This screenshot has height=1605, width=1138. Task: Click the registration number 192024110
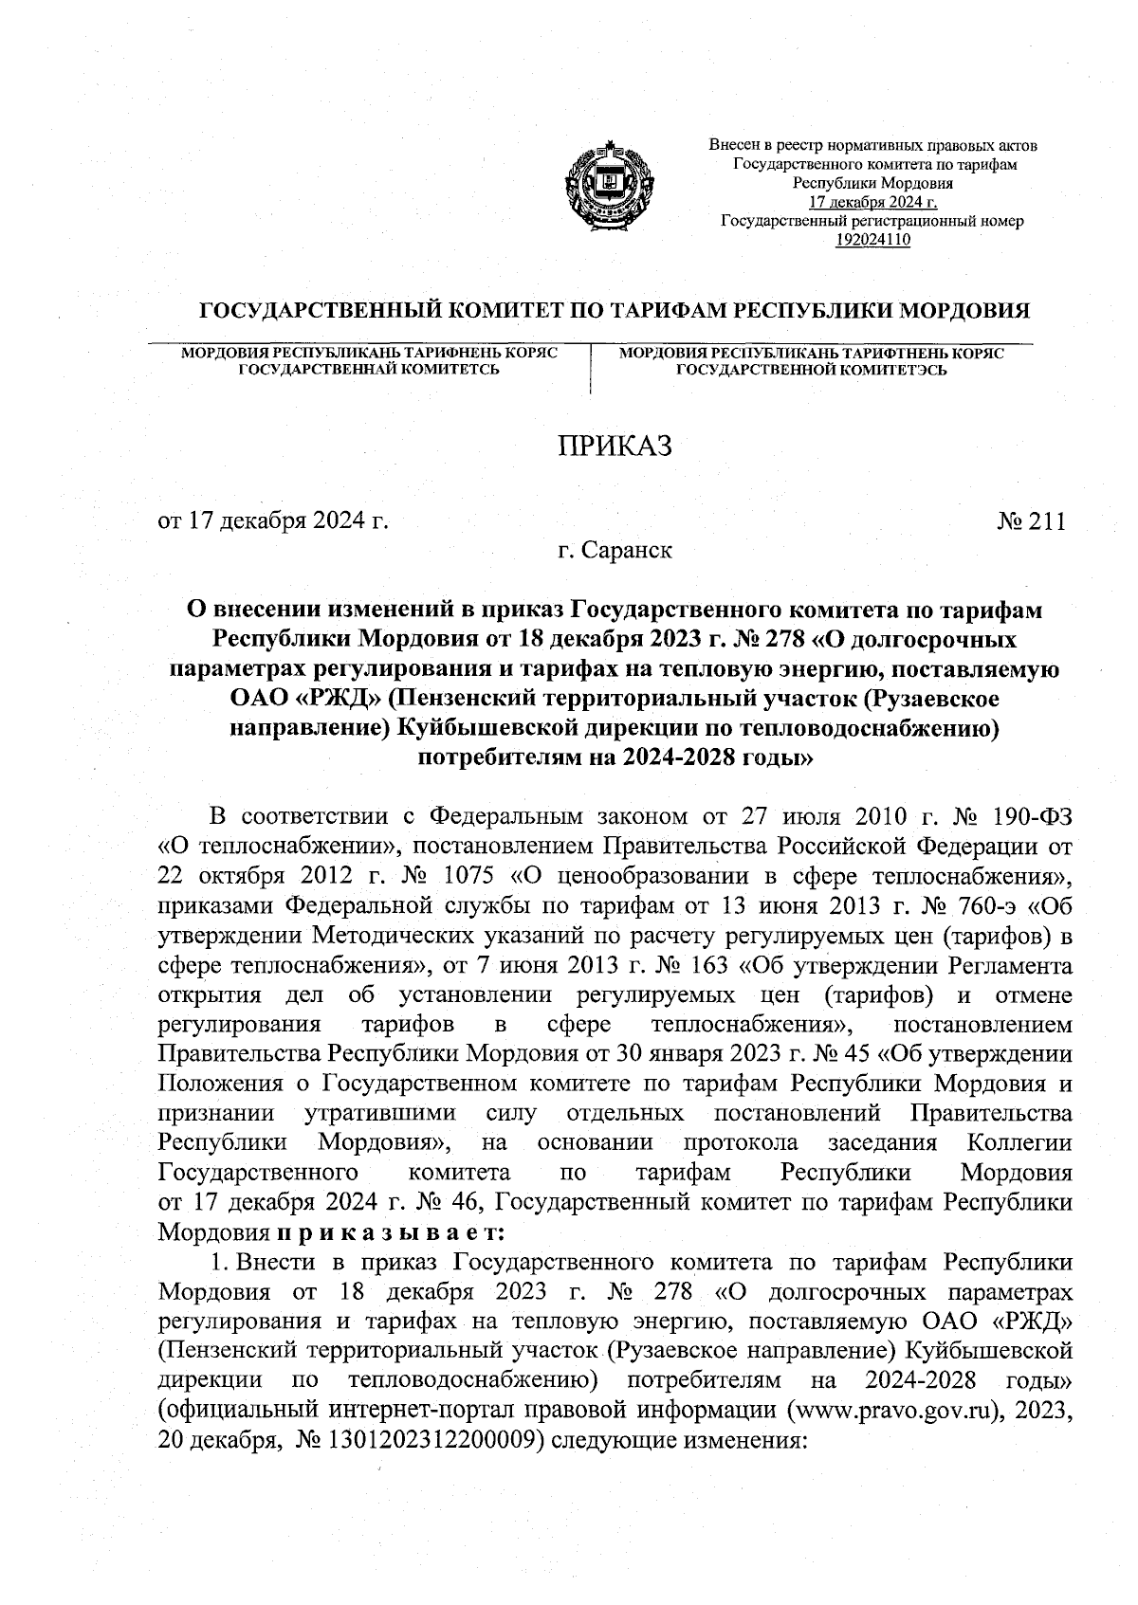coord(872,239)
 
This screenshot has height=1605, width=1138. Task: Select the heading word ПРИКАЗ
coord(614,446)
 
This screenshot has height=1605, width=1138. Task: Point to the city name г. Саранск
coord(615,550)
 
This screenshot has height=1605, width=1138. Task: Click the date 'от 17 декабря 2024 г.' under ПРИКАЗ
coord(274,521)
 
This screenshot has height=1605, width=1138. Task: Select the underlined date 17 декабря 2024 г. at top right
coord(872,202)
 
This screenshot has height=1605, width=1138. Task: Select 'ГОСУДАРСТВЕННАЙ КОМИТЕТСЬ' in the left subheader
coord(368,369)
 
